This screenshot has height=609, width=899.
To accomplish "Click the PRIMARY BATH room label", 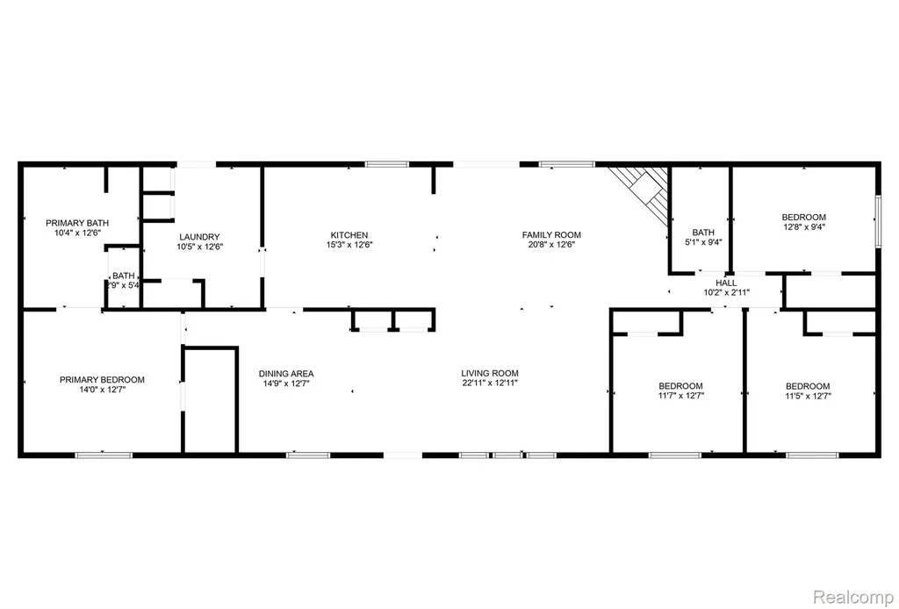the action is [x=77, y=223].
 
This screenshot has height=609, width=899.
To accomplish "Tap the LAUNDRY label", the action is [x=199, y=237].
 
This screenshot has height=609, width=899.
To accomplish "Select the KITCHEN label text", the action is [x=349, y=235].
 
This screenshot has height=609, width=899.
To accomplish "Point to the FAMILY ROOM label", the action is [x=551, y=234].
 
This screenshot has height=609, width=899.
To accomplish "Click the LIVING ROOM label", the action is [x=490, y=373].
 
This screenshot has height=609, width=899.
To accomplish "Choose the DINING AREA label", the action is [x=286, y=374].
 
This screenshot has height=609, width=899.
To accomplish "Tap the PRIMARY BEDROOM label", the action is [x=102, y=379].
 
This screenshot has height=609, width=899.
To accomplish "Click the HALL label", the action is [x=726, y=283].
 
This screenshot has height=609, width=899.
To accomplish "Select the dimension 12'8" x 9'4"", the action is [x=804, y=227].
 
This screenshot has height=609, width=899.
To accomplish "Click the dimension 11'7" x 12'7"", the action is [x=680, y=395].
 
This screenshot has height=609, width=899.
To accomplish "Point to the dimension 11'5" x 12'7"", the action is [x=808, y=395].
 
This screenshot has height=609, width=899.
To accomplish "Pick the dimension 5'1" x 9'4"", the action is [x=703, y=242].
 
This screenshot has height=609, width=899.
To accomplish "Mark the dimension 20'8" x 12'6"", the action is [x=551, y=244].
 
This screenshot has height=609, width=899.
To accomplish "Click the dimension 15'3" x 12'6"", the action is [x=349, y=245].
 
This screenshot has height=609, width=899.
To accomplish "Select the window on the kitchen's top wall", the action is [x=387, y=164].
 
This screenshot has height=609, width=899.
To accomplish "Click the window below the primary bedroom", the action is [x=104, y=455].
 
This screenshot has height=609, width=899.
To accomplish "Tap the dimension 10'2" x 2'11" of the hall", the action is [x=726, y=293].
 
